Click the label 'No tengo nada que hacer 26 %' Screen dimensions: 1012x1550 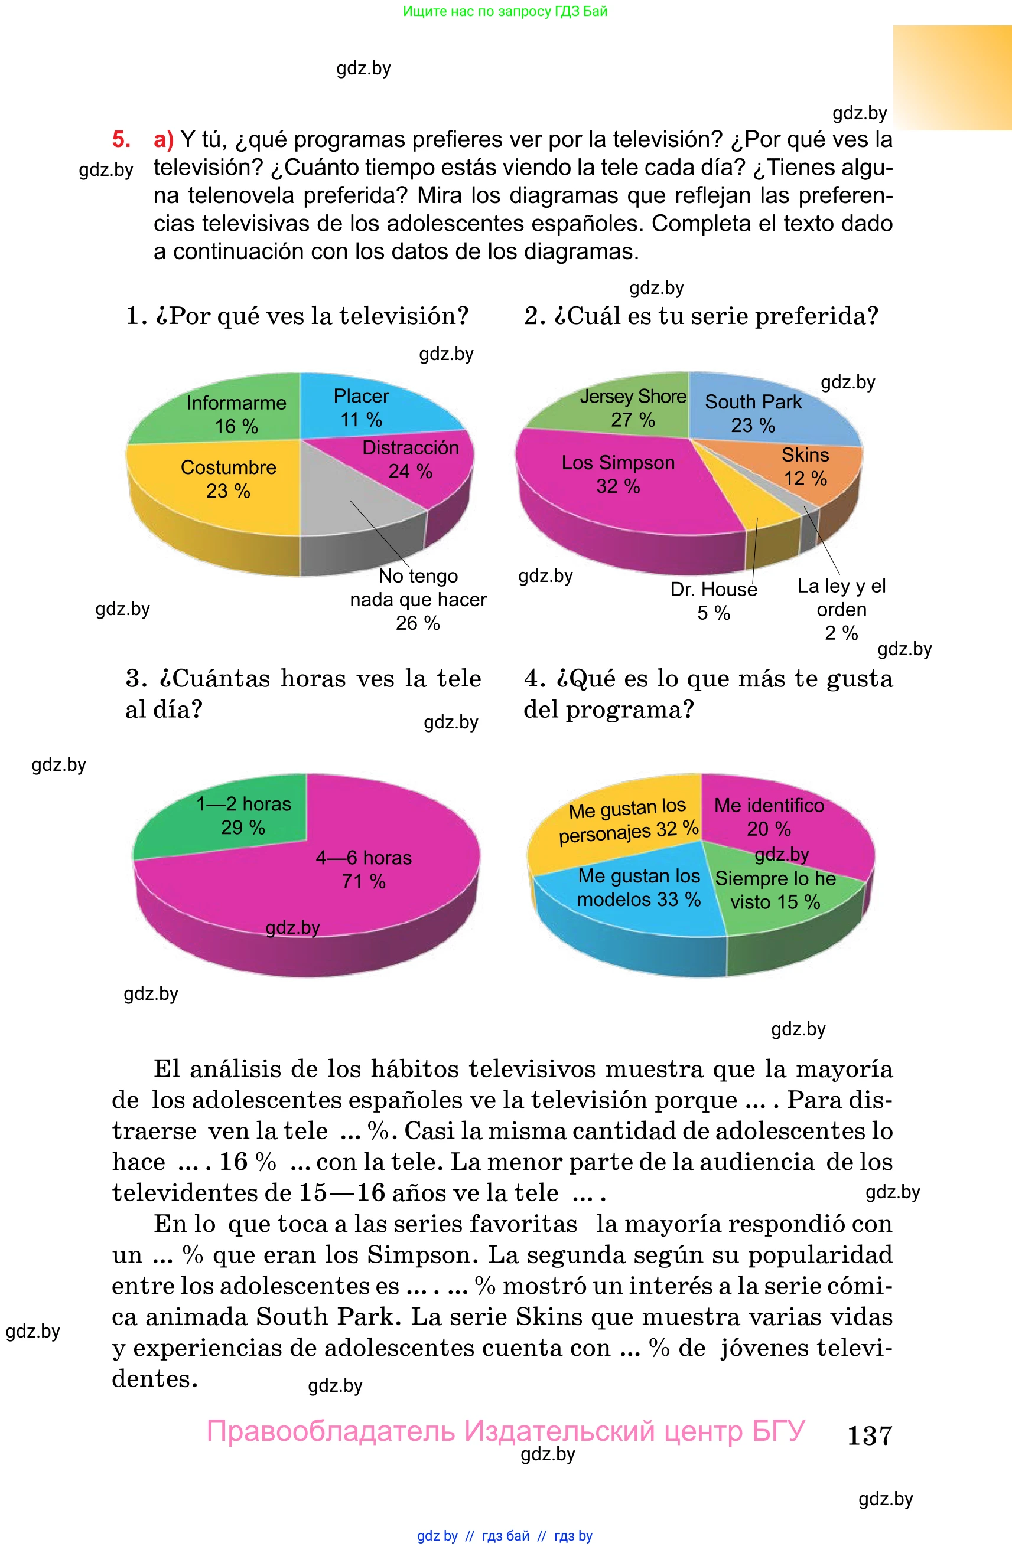[418, 599]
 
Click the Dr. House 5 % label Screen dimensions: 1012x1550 [714, 601]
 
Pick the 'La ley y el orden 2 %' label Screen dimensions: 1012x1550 [842, 609]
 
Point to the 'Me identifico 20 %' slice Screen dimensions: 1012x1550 [782, 817]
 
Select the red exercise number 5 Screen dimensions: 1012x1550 [121, 139]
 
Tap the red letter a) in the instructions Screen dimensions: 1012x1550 [164, 139]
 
